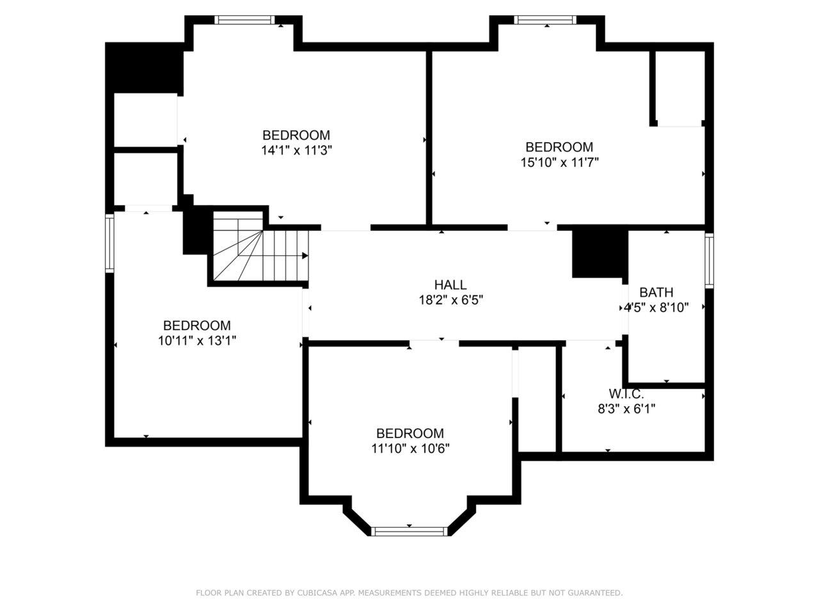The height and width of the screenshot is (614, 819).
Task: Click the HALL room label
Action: click(x=450, y=285)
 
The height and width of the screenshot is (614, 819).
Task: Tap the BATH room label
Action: click(x=656, y=292)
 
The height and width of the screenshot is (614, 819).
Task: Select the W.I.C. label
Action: click(x=626, y=394)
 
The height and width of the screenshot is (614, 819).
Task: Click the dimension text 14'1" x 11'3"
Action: click(x=297, y=150)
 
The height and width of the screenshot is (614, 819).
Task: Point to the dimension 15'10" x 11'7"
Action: click(x=560, y=162)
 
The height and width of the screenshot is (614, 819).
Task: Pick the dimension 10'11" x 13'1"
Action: click(x=197, y=341)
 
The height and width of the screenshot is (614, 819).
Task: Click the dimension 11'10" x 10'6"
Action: click(x=410, y=448)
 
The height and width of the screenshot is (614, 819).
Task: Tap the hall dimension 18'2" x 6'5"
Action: click(x=450, y=300)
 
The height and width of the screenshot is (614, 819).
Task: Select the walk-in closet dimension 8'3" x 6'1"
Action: click(x=626, y=409)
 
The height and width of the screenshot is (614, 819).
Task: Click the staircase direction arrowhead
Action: click(x=305, y=256)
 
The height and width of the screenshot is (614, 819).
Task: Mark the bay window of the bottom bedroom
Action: click(x=409, y=531)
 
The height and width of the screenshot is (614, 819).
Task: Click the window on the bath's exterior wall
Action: click(x=710, y=260)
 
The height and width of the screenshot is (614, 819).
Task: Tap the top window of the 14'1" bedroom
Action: click(x=244, y=20)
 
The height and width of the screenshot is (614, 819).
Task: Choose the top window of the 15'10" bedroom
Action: click(x=545, y=20)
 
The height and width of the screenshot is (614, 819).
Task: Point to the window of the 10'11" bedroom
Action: click(x=109, y=243)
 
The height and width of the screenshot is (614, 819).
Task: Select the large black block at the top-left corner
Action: click(x=145, y=68)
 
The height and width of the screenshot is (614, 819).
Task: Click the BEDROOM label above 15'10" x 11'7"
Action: click(x=559, y=147)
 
